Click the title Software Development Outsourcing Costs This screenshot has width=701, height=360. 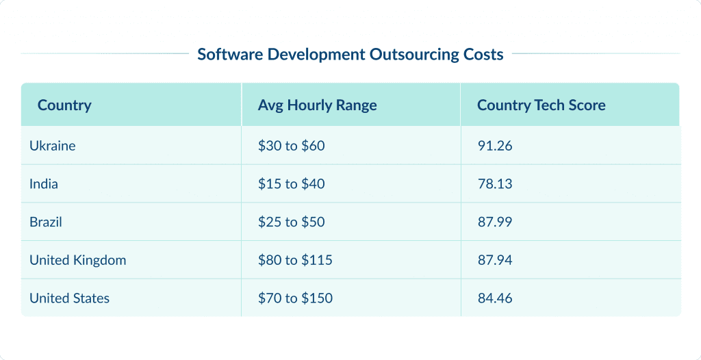pos(350,55)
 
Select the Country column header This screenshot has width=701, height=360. pos(64,105)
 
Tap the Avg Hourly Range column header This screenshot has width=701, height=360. pos(317,105)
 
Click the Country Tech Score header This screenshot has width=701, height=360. pos(541,105)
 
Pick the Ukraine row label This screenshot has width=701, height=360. pos(53,146)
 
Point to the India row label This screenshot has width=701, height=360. pos(44,184)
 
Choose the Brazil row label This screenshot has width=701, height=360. pos(46,222)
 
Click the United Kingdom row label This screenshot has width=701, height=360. pos(77,260)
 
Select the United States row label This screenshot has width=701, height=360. pos(69,298)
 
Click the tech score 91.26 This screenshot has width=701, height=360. pos(495,146)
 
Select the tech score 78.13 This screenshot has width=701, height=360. pos(495,184)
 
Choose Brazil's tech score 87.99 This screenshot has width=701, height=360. pos(495,222)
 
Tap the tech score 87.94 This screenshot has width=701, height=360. pos(495,260)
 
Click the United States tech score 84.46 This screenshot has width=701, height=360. pos(495,298)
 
